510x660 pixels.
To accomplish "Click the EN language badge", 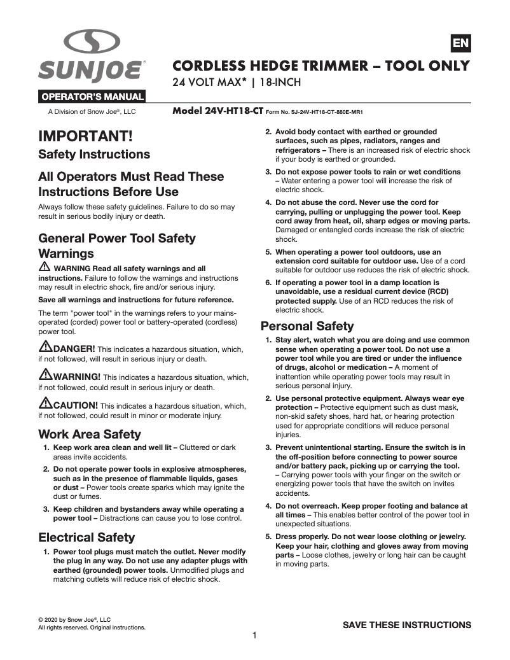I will [460, 43].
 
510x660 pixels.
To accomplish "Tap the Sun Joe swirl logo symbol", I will [92, 43].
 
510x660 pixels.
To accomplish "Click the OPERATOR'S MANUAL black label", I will [92, 97].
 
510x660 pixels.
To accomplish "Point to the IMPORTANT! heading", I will [85, 136].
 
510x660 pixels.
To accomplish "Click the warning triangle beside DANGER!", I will [45, 347].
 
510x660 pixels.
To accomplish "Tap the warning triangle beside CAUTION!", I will [45, 403].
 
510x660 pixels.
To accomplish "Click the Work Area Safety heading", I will [90, 434].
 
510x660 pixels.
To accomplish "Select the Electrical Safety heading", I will [86, 537].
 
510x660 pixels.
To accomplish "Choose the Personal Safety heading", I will [307, 326].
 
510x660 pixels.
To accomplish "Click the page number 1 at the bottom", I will [254, 635].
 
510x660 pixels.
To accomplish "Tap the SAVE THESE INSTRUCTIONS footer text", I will [407, 625].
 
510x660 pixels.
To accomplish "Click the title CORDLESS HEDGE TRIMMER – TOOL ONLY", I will [321, 66].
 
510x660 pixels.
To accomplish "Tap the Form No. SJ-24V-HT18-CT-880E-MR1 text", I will [314, 111].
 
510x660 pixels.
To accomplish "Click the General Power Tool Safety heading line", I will [117, 238].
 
